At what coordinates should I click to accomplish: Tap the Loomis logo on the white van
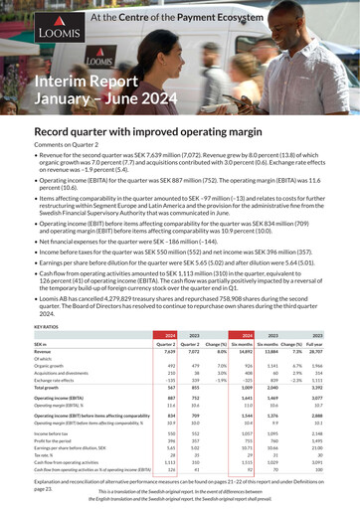pyautogui.click(x=98, y=61)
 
